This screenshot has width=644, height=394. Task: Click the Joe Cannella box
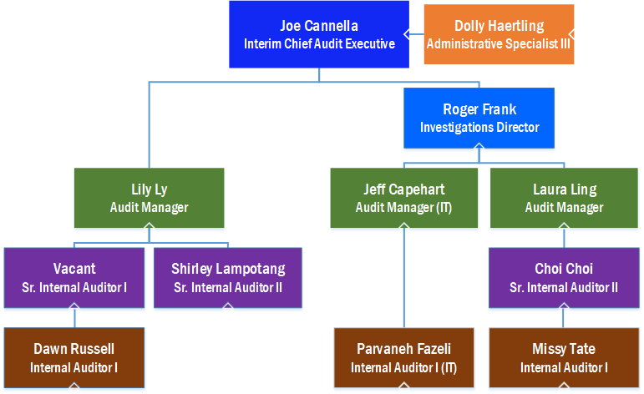pyautogui.click(x=319, y=34)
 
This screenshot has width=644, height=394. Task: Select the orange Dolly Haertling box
pyautogui.click(x=499, y=34)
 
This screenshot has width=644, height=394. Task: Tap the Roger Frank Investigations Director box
pyautogui.click(x=479, y=119)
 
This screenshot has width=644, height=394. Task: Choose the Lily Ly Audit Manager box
pyautogui.click(x=149, y=198)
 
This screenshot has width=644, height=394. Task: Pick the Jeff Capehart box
pyautogui.click(x=404, y=198)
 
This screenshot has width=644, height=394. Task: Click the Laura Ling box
pyautogui.click(x=564, y=198)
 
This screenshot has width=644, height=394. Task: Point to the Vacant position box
pyautogui.click(x=74, y=278)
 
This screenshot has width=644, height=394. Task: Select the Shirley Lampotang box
pyautogui.click(x=228, y=278)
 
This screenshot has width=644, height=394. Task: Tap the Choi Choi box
pyautogui.click(x=564, y=278)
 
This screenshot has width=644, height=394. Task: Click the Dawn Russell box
pyautogui.click(x=74, y=357)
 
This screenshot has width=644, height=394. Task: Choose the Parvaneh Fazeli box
pyautogui.click(x=404, y=357)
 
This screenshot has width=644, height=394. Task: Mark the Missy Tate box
pyautogui.click(x=564, y=357)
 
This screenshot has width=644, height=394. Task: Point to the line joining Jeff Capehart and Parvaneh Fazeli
pyautogui.click(x=404, y=278)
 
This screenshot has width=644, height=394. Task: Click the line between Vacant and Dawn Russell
pyautogui.click(x=74, y=318)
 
